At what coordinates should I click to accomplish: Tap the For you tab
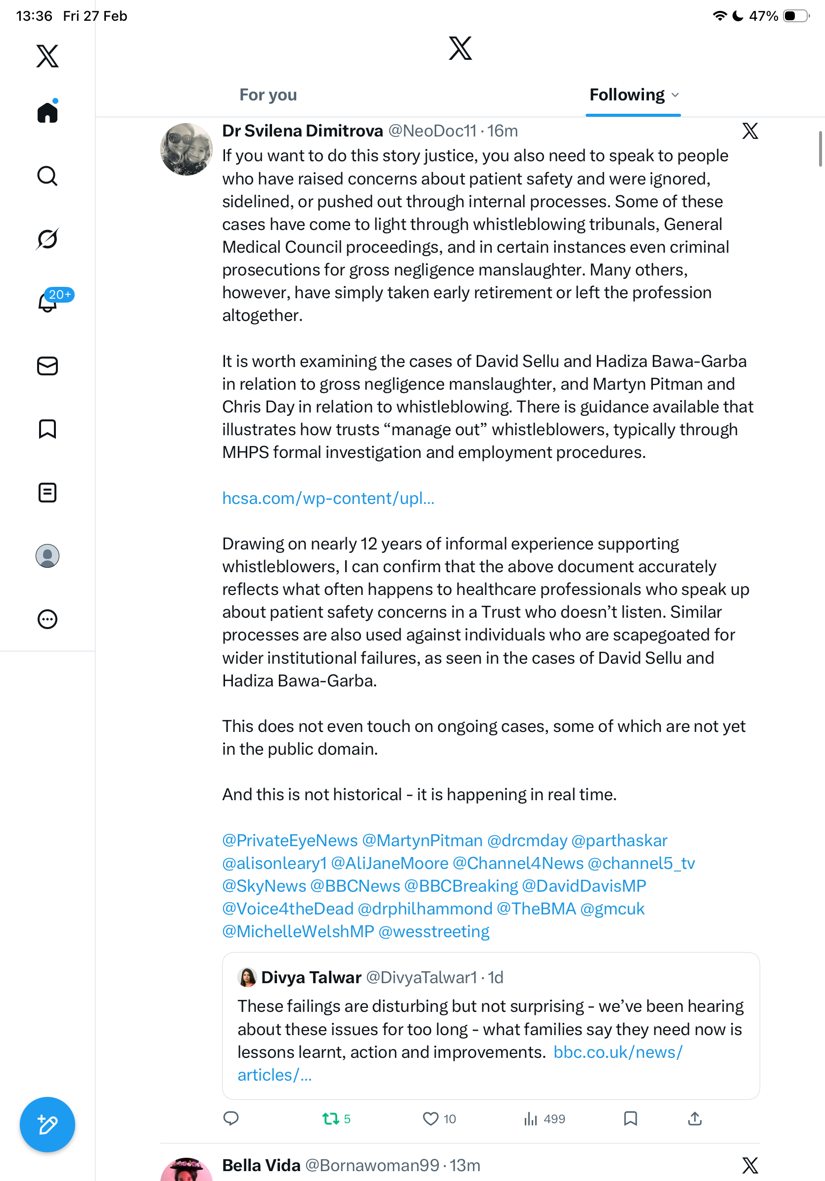coord(268,95)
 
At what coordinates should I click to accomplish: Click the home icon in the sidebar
coord(47,112)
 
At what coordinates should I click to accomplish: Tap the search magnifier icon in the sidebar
coord(47,176)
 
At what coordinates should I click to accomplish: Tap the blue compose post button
coord(47,1125)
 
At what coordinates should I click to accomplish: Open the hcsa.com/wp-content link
coord(328,498)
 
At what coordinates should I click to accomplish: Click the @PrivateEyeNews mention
coord(289,840)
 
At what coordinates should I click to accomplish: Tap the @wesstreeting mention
coord(434,931)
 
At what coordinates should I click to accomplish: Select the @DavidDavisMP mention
coord(584,886)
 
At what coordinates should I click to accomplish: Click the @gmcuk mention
coord(612,908)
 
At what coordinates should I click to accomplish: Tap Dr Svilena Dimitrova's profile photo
coord(186,149)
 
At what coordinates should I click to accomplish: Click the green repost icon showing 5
coord(330,1118)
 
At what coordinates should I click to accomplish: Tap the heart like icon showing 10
coord(430,1118)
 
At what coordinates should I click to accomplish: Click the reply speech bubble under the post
coord(231,1118)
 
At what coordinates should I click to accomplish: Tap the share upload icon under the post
coord(694,1118)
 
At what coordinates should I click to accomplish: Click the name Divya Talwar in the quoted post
coord(311,977)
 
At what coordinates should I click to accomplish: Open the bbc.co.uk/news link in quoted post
coord(617,1052)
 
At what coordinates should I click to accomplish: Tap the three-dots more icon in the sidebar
coord(47,619)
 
